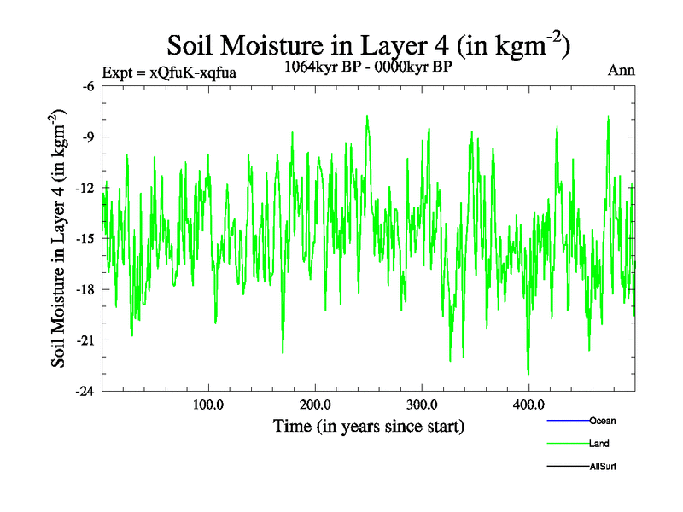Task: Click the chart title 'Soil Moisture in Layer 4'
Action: (368, 44)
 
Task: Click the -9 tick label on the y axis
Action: (86, 137)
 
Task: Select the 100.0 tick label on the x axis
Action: (208, 404)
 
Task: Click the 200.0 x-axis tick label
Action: (315, 404)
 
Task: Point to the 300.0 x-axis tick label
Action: (422, 404)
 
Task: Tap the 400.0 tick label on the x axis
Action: (528, 404)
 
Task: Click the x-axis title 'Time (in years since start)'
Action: (368, 425)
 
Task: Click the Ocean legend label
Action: (602, 421)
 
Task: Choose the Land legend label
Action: (599, 444)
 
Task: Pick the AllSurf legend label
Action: (603, 467)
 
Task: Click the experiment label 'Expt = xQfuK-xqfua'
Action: (168, 73)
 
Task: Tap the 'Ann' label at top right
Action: (621, 71)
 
